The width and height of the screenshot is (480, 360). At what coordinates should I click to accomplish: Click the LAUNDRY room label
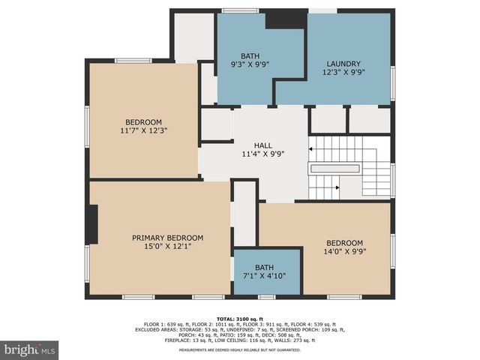(343, 64)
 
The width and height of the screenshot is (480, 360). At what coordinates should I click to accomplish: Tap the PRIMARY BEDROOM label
(168, 238)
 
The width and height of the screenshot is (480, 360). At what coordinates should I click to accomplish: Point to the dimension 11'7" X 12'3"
(143, 130)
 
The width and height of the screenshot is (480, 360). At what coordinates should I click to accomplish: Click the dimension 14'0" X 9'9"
(344, 251)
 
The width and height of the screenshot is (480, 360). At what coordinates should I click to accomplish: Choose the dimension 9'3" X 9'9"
(250, 64)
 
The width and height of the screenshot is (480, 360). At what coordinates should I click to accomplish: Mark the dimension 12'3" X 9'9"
(343, 73)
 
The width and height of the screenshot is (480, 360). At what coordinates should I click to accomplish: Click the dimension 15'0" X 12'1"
(168, 246)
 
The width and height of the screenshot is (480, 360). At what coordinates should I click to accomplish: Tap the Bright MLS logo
(30, 349)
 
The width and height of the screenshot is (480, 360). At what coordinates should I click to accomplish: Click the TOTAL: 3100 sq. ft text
(240, 319)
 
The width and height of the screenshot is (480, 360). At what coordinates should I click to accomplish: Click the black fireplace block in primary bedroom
(92, 223)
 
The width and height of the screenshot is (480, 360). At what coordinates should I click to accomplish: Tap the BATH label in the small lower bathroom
(264, 268)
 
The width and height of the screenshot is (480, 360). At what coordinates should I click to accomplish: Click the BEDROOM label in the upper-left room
(143, 122)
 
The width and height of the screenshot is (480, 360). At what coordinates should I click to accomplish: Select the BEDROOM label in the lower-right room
(344, 243)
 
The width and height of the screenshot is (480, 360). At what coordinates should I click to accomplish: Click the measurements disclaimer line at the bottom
(240, 350)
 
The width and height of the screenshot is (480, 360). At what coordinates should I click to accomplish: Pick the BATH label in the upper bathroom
(250, 56)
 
